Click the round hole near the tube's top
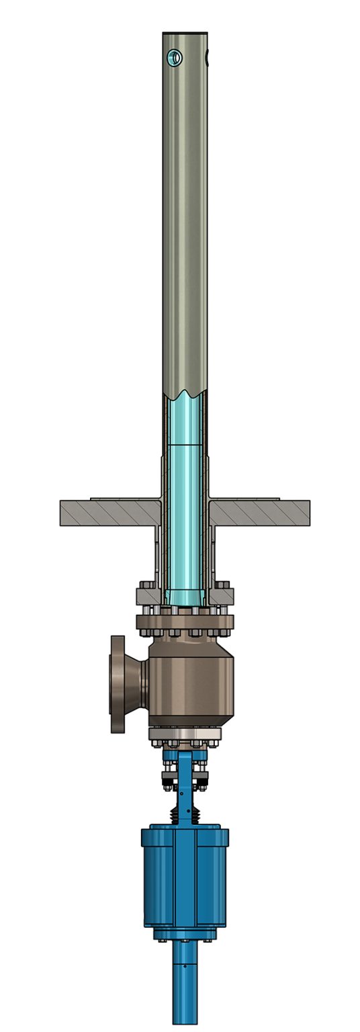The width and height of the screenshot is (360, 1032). pyautogui.click(x=175, y=58)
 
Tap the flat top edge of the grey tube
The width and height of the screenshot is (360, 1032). pyautogui.click(x=185, y=32)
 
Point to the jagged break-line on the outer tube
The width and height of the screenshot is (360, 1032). pyautogui.click(x=185, y=392)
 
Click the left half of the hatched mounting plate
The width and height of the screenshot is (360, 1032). pyautogui.click(x=107, y=513)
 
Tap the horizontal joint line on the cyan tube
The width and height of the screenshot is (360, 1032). pyautogui.click(x=185, y=445)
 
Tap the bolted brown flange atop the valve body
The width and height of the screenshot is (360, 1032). pyautogui.click(x=185, y=621)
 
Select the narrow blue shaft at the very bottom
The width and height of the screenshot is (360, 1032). pyautogui.click(x=185, y=988)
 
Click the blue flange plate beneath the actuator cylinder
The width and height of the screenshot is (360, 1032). pyautogui.click(x=185, y=934)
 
